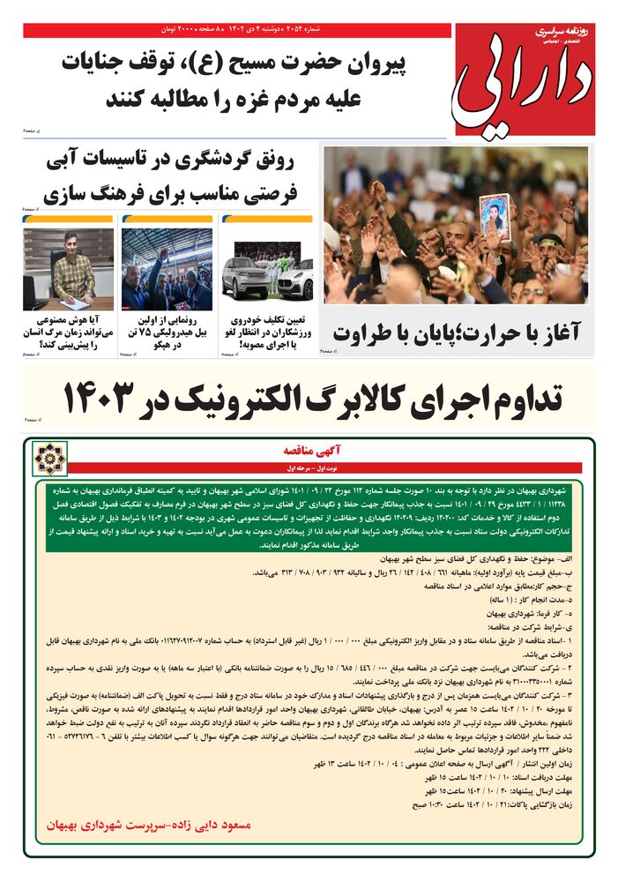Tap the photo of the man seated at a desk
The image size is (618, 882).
(x=69, y=266)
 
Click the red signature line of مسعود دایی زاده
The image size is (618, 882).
(x=151, y=825)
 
